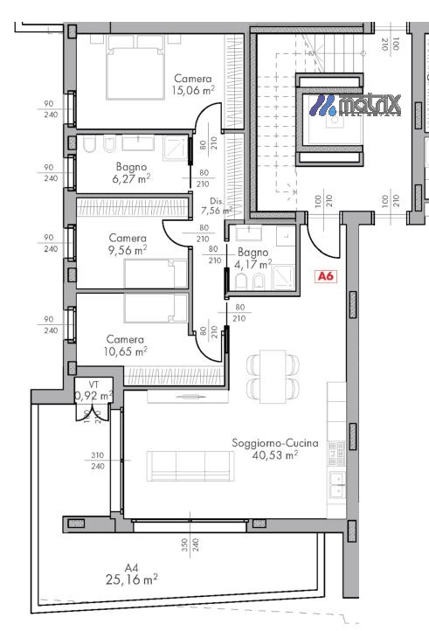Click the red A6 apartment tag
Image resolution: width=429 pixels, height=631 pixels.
326,277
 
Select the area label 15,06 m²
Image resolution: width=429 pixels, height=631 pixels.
193,89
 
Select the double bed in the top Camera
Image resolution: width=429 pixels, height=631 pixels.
135,72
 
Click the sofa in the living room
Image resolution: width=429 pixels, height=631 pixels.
190,465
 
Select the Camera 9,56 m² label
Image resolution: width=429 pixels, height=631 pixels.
127,243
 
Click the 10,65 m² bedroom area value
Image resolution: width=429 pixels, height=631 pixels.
125,351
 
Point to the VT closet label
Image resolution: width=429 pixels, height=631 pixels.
93,385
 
